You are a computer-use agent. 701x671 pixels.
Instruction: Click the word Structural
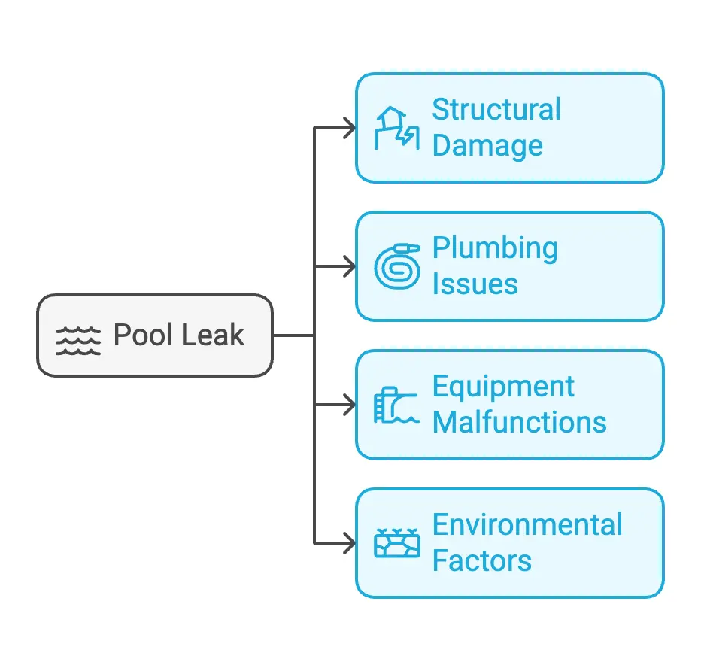(496, 110)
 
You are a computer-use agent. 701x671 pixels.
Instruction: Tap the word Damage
(487, 146)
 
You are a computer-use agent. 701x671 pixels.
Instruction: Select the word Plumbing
(495, 248)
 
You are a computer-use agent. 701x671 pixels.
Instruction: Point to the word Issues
(475, 284)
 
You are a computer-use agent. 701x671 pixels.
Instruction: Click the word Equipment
(503, 387)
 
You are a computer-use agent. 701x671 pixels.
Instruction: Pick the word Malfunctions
(520, 422)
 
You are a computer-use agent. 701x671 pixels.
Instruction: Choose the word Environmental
(527, 525)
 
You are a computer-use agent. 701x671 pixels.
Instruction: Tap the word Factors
(482, 561)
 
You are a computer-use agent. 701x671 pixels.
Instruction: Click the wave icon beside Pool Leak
(78, 340)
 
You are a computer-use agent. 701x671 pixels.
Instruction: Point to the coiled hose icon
(396, 266)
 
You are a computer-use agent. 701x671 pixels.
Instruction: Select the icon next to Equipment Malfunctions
(396, 405)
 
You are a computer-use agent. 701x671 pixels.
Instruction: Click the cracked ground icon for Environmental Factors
(396, 543)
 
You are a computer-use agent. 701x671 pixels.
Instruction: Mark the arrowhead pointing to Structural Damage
(350, 128)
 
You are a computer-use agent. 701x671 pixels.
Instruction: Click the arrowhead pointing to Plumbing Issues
(350, 266)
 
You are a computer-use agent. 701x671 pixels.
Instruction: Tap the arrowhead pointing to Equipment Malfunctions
(350, 405)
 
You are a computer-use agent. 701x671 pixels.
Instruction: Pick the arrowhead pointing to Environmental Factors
(350, 543)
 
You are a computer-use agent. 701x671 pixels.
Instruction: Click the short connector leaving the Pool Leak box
(293, 335)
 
